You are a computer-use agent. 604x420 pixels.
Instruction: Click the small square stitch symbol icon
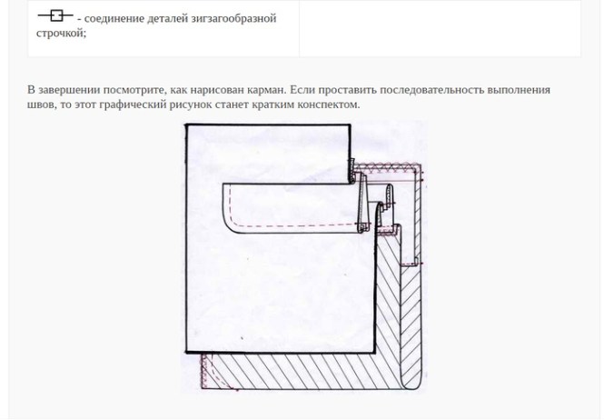pos(55,15)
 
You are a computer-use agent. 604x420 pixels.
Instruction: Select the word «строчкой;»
pos(61,33)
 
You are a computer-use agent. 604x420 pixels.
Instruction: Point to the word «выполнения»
pos(519,90)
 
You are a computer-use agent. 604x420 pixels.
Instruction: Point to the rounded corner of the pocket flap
pos(229,225)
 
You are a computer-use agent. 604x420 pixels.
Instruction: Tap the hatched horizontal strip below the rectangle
pos(302,372)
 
